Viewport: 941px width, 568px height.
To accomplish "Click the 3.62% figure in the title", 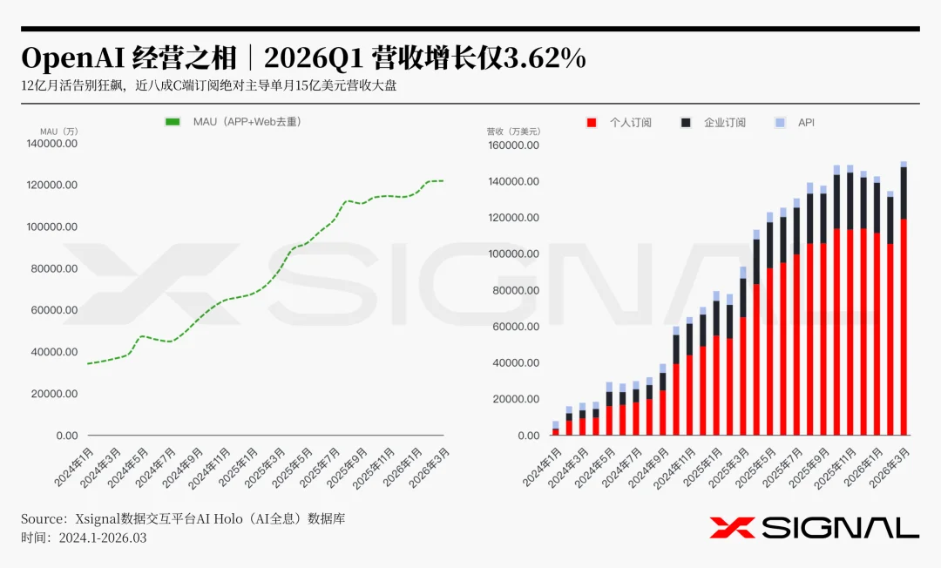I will (x=544, y=58).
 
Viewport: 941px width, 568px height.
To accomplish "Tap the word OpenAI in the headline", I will (x=72, y=58).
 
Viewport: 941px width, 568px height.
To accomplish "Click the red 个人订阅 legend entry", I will (x=619, y=123).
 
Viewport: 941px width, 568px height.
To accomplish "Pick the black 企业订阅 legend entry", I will (x=714, y=123).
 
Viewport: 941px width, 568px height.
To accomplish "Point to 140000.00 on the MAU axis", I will (x=54, y=143).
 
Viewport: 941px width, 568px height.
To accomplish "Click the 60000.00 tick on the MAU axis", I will (x=54, y=310).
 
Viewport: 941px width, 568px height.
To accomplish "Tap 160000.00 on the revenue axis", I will (x=513, y=145).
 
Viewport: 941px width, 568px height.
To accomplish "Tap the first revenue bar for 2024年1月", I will (x=555, y=429).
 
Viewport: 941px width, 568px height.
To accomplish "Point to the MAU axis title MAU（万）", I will (x=58, y=132).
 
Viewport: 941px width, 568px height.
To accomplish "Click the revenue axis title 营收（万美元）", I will (x=513, y=132).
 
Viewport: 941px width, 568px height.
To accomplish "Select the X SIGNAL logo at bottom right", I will (x=814, y=527).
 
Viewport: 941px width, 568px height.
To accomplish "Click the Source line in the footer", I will (x=183, y=518).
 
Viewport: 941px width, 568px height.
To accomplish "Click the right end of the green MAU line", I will (x=443, y=180).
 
